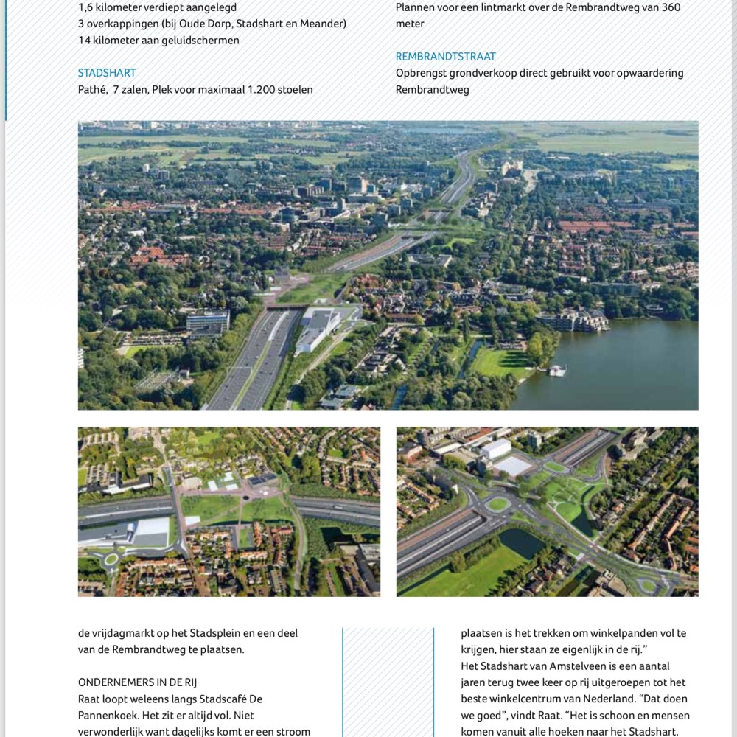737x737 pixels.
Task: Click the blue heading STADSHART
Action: click(x=107, y=73)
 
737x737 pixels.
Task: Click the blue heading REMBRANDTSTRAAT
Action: click(x=445, y=57)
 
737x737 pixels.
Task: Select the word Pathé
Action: click(x=92, y=90)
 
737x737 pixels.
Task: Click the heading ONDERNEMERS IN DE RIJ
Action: click(x=137, y=682)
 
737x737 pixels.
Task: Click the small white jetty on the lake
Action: click(x=557, y=371)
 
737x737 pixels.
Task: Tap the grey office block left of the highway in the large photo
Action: click(x=207, y=321)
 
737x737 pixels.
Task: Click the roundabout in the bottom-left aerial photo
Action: click(x=111, y=559)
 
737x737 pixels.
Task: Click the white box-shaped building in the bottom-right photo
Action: click(x=495, y=449)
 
